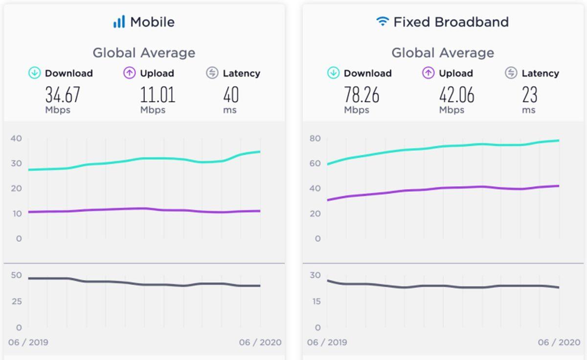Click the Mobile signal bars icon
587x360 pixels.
coord(119,22)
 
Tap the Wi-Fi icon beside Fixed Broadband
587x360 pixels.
coord(383,22)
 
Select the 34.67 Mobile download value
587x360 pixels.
coord(62,95)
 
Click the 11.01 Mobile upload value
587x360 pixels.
coord(158,95)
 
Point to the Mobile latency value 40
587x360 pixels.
coord(230,95)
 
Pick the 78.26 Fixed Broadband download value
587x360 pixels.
coord(361,95)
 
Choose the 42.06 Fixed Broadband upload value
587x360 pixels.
coord(456,95)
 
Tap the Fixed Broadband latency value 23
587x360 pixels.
coord(529,95)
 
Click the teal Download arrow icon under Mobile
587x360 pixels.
coord(34,73)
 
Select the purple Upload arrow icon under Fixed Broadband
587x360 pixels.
coord(428,73)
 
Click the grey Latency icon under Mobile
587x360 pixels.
coord(212,73)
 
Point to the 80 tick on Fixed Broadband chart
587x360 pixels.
coord(315,138)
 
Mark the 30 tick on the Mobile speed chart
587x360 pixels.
coord(16,163)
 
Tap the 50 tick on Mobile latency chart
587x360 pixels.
coord(16,275)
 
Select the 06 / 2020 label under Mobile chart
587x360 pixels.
coord(260,342)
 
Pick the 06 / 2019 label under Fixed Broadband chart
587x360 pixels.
coord(327,342)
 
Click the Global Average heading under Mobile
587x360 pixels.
coord(144,53)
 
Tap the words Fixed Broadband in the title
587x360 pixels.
coord(451,22)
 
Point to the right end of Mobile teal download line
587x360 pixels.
coord(259,152)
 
